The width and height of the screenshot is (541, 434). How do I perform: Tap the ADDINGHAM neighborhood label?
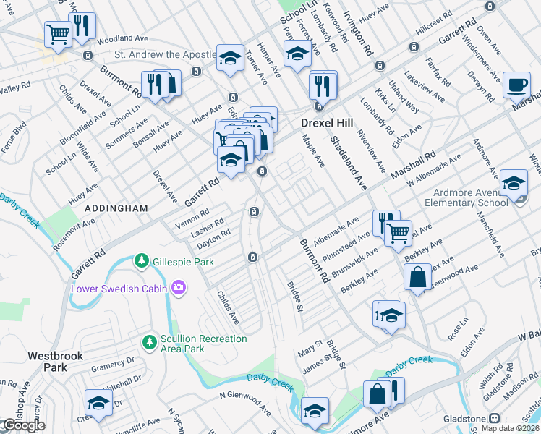point(116,208)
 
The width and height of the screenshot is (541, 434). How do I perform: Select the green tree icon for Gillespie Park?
point(143,260)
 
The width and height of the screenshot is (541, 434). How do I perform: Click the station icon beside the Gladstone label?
point(495,419)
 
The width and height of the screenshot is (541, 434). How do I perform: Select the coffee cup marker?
point(516,84)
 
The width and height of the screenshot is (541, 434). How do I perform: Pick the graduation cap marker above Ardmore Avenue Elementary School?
point(514,182)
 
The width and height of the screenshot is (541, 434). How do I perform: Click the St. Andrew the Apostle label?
point(166,55)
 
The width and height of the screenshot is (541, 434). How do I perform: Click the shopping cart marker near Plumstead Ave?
point(397,232)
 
